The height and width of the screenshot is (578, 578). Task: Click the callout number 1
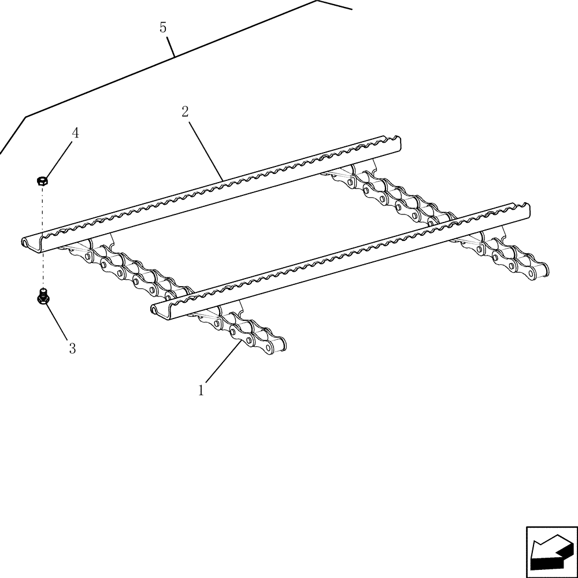tap(201, 391)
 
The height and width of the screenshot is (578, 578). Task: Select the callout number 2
tap(185, 112)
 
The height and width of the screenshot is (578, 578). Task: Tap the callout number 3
tap(72, 349)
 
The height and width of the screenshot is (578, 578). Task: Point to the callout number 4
tap(75, 133)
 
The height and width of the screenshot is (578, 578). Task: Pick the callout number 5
tap(163, 27)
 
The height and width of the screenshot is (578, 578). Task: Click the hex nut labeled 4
tap(42, 181)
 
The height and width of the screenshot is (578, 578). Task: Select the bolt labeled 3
tap(42, 297)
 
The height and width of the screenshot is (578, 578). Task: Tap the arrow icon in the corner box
tap(551, 551)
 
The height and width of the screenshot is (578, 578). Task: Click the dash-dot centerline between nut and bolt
tap(42, 237)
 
